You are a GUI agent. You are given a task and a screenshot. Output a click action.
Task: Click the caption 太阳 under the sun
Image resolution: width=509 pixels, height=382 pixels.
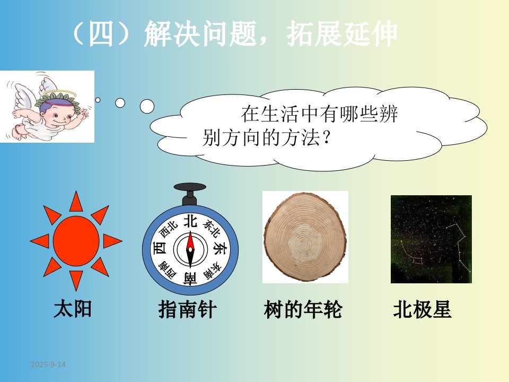tap(73, 309)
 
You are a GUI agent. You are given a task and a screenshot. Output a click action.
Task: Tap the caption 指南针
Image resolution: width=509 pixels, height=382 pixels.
tap(187, 309)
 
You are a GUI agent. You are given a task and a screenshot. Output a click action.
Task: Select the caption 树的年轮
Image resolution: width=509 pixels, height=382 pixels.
tap(303, 309)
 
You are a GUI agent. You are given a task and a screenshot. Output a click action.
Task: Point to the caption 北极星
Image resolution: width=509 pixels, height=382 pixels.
tap(422, 309)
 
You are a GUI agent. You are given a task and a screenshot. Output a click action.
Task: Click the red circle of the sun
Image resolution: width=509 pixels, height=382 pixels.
tap(76, 241)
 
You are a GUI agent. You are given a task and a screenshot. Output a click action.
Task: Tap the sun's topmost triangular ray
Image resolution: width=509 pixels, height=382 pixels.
tap(76, 202)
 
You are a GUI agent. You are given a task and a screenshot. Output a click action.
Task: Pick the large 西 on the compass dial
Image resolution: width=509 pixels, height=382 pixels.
tap(160, 248)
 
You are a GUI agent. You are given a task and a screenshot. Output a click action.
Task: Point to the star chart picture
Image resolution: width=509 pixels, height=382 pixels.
tap(431, 239)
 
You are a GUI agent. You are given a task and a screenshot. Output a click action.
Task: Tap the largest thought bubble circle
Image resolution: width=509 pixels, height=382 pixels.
tap(147, 106)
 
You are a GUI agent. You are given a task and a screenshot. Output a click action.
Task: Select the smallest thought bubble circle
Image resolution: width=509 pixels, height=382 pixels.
tap(98, 100)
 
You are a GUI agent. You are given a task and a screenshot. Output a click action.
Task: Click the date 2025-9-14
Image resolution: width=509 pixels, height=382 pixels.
tap(48, 364)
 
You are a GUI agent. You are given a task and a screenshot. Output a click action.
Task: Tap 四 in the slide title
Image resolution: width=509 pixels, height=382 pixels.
tap(101, 34)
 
